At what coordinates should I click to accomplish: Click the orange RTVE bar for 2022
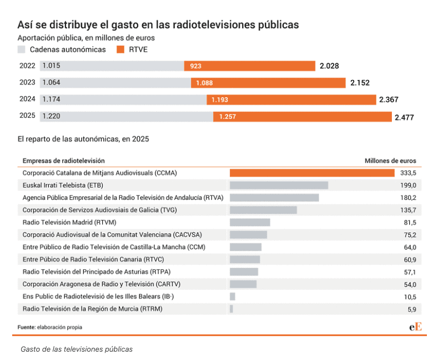250,66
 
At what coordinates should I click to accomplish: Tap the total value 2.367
389,100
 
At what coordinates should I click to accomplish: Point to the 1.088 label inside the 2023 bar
204,83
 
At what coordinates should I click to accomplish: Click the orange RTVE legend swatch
120,49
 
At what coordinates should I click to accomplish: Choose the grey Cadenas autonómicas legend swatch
22,49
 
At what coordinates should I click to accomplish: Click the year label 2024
27,99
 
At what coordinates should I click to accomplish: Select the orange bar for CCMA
312,173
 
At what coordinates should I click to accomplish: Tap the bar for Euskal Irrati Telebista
279,185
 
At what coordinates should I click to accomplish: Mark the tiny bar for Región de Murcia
231,308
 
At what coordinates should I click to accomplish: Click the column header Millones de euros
390,161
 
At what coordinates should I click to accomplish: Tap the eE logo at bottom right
415,327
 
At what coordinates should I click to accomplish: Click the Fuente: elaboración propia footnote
50,327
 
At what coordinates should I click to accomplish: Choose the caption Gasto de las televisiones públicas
77,349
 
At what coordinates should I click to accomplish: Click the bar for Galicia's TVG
263,210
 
